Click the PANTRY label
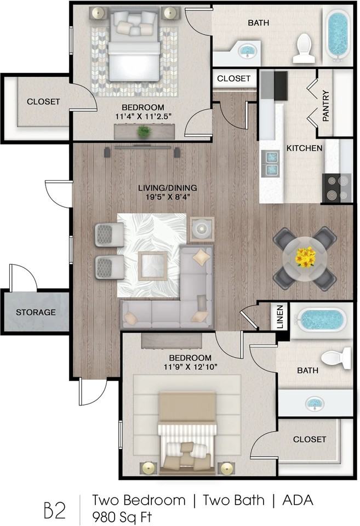click(325, 106)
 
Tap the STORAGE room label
click(36, 312)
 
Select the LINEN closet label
click(281, 317)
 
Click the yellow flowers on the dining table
click(305, 258)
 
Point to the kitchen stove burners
click(337, 188)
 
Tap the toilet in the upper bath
click(304, 48)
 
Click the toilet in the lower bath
click(336, 358)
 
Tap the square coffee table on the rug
click(153, 265)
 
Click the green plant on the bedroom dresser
click(144, 131)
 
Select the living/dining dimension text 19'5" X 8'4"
click(168, 197)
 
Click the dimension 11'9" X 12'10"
click(190, 367)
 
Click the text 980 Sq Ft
click(122, 517)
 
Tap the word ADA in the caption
click(298, 500)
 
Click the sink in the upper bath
click(247, 51)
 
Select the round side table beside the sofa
click(202, 229)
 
